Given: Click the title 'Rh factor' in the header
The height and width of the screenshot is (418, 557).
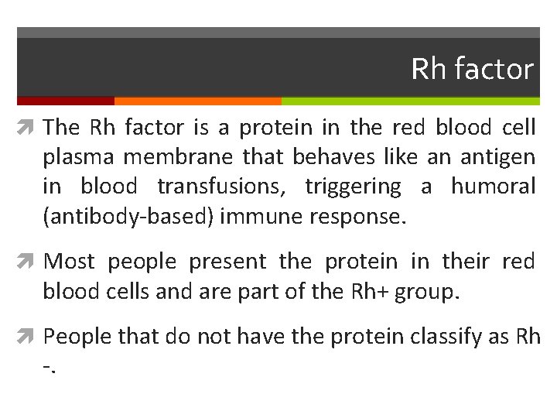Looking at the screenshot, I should pyautogui.click(x=472, y=69).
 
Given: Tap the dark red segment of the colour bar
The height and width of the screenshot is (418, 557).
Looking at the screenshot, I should pyautogui.click(x=65, y=101).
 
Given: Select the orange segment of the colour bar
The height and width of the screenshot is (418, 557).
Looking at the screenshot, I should pyautogui.click(x=197, y=101).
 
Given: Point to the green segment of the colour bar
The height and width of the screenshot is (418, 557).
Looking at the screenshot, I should pyautogui.click(x=410, y=101).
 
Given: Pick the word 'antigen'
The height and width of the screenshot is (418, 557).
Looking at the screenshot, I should pyautogui.click(x=497, y=157).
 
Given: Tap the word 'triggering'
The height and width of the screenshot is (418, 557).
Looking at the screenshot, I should pyautogui.click(x=353, y=187).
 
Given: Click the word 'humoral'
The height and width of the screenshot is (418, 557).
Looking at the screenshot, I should pyautogui.click(x=493, y=187).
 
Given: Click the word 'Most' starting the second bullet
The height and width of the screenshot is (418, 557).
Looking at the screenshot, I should pyautogui.click(x=70, y=262).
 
